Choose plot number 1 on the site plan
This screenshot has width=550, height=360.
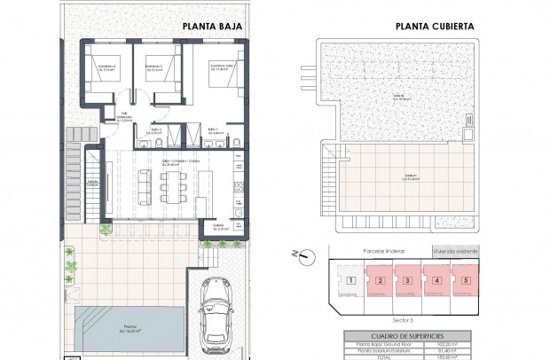tap(351, 282)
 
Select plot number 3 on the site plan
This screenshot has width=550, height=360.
tap(407, 282)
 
